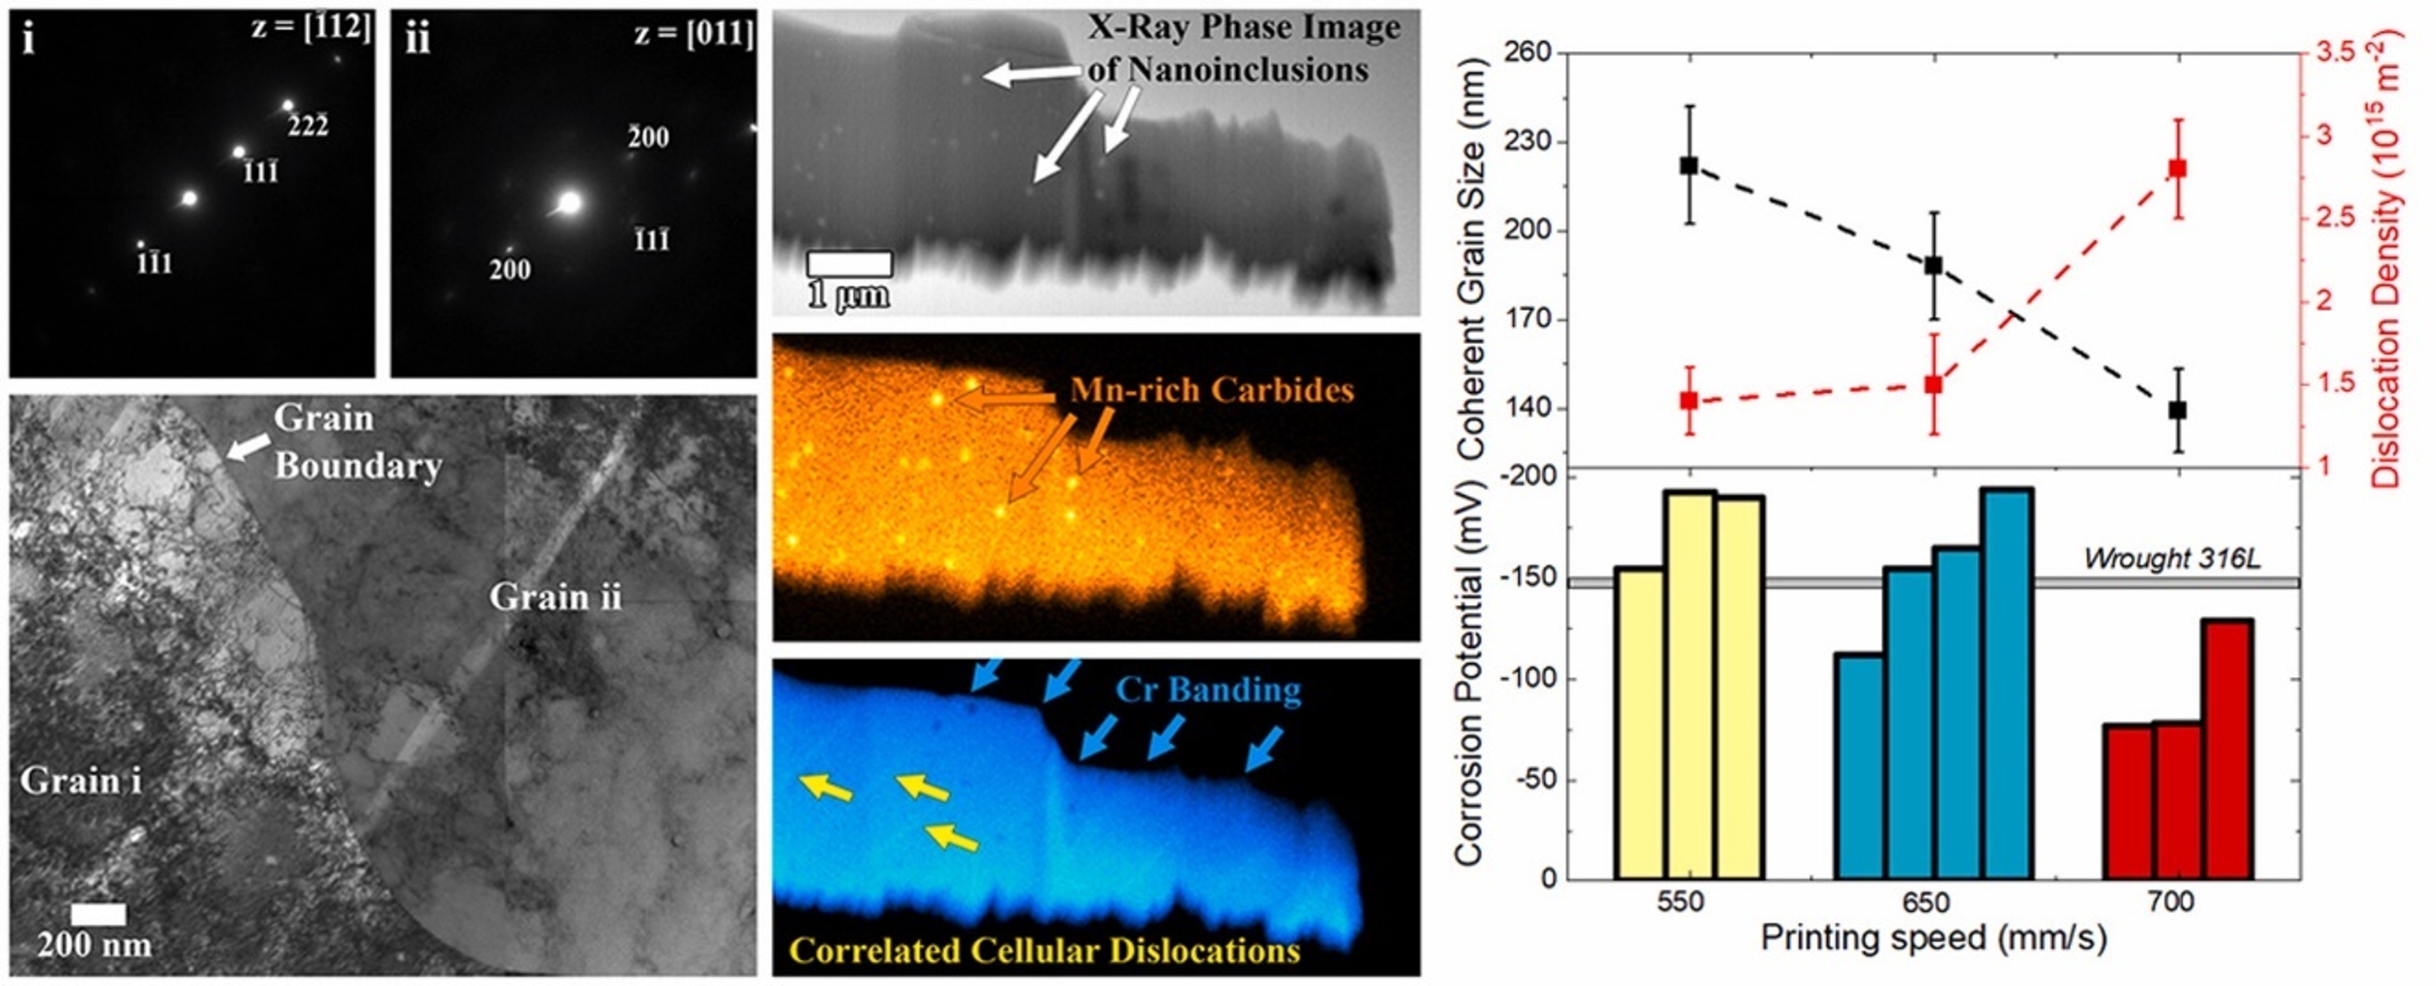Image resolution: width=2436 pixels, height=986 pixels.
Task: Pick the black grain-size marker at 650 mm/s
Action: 1934,266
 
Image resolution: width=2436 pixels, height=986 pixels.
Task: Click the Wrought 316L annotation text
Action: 2172,559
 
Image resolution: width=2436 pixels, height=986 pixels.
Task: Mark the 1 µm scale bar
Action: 849,264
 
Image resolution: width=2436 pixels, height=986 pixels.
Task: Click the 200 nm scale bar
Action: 99,914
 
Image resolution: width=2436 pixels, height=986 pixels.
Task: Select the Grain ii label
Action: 555,597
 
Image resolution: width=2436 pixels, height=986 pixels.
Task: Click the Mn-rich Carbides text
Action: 1212,391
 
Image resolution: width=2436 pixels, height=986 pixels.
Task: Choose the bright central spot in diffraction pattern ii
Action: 569,202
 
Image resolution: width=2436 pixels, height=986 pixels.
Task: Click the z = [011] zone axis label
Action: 693,34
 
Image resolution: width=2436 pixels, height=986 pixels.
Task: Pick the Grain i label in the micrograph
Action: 81,781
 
